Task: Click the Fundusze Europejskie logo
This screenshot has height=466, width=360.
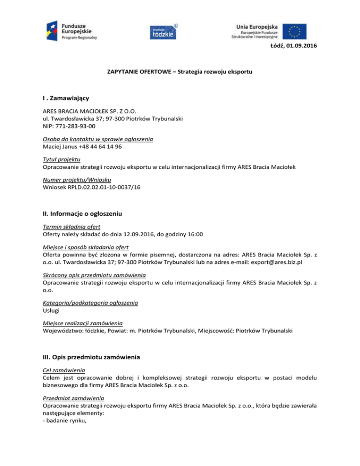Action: tap(71, 31)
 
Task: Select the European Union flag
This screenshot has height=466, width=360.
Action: tap(294, 31)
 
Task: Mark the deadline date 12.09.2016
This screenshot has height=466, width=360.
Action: tap(135, 234)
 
